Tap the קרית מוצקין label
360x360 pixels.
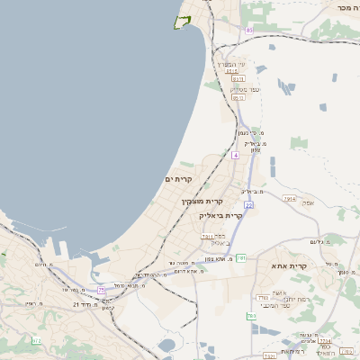pyautogui.click(x=202, y=202)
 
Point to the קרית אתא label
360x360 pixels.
pyautogui.click(x=289, y=266)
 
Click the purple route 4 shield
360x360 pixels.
pyautogui.click(x=235, y=156)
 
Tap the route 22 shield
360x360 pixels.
pyautogui.click(x=248, y=204)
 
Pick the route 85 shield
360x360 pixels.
pyautogui.click(x=248, y=30)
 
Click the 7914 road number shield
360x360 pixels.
pyautogui.click(x=289, y=197)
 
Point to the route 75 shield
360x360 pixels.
pyautogui.click(x=102, y=290)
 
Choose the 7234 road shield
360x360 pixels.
pyautogui.click(x=325, y=340)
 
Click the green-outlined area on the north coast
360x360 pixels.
pyautogui.click(x=184, y=22)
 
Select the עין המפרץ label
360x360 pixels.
pyautogui.click(x=225, y=63)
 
